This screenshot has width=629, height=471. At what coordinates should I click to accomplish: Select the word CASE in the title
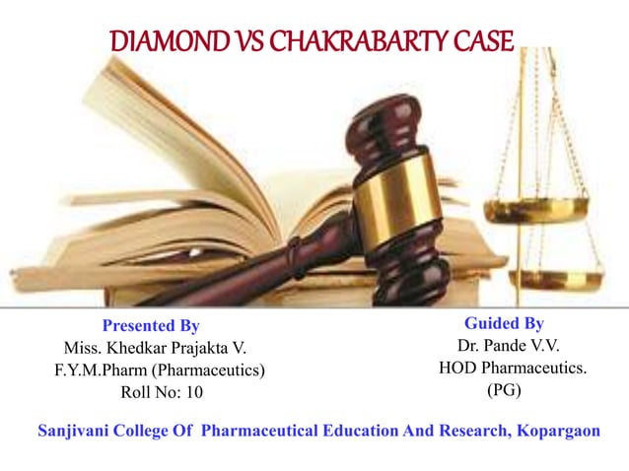point(480,42)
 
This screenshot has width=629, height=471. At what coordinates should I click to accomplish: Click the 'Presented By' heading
point(151,325)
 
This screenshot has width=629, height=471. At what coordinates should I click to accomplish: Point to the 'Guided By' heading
point(504,323)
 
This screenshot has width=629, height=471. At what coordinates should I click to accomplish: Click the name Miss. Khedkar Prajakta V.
point(157,348)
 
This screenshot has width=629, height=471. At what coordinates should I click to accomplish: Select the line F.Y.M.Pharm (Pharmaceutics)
point(160,370)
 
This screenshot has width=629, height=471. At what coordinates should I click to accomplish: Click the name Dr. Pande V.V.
point(504,346)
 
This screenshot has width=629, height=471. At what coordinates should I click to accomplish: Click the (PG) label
point(504,391)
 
